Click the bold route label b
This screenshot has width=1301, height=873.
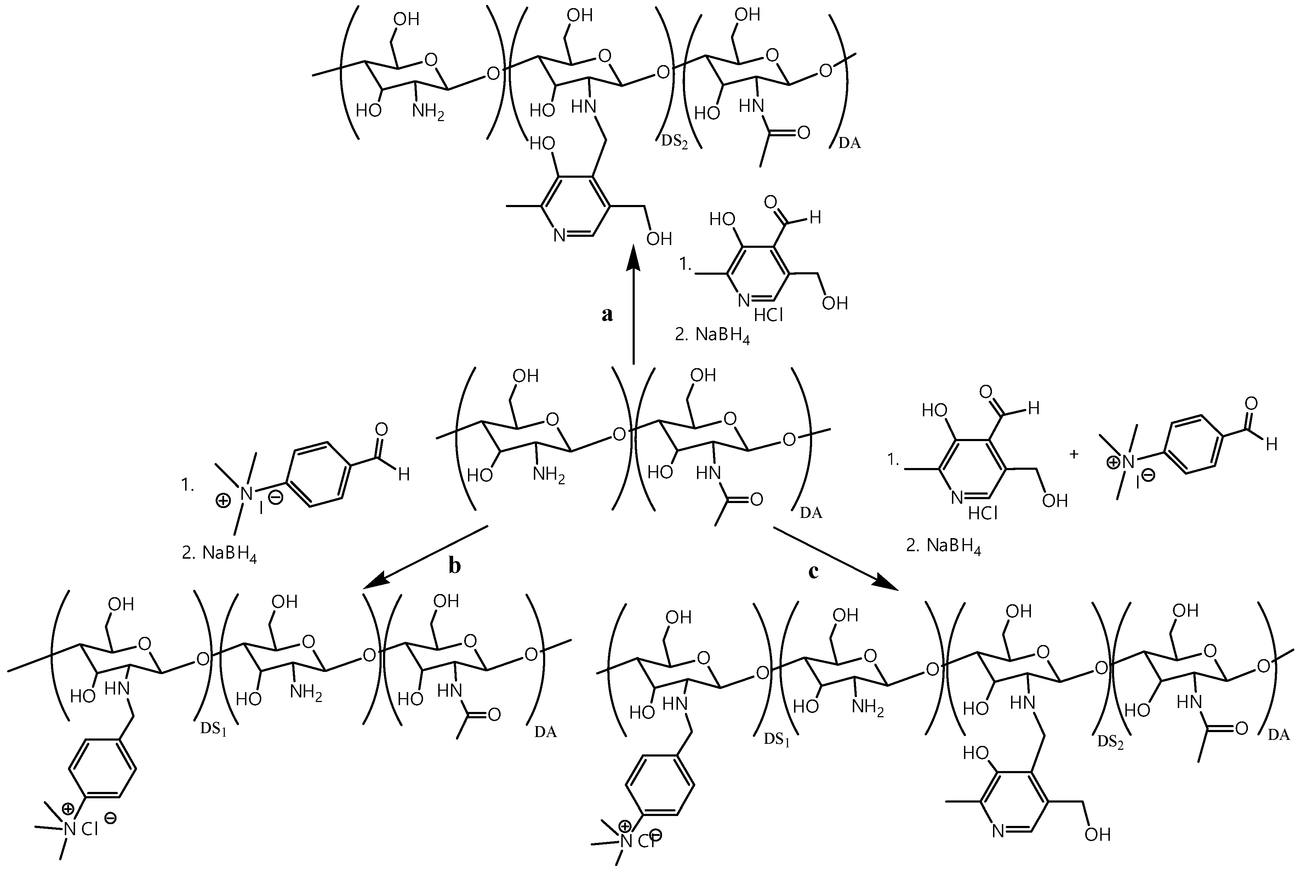[x=455, y=566]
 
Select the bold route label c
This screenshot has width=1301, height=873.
[x=813, y=572]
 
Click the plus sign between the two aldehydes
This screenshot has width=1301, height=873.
[x=1074, y=454]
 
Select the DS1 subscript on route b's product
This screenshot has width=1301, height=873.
[x=213, y=730]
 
